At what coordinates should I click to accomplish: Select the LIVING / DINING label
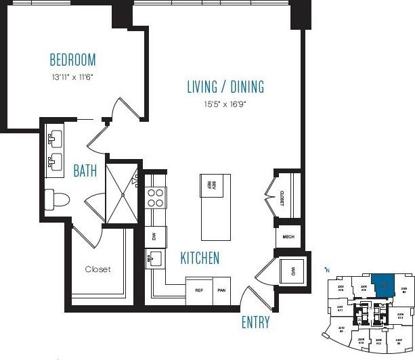point(225,87)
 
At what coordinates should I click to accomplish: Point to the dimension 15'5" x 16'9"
point(225,106)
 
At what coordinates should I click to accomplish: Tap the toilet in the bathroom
point(57,199)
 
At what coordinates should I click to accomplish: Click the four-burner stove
point(156,197)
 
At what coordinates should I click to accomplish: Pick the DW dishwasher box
point(154,236)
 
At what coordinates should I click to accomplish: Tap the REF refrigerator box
point(199,290)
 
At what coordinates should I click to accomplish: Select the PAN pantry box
point(221,290)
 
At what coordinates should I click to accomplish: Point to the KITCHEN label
point(199,258)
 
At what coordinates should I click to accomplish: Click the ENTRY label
point(255,323)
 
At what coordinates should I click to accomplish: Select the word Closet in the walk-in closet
point(97,269)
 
